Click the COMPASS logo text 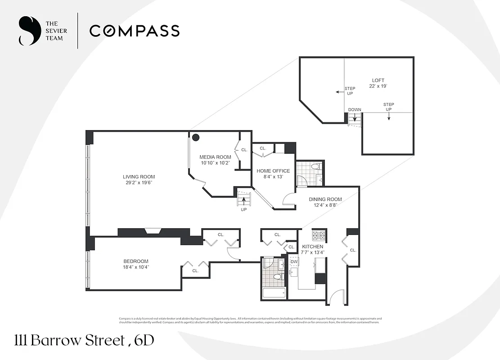pyautogui.click(x=134, y=31)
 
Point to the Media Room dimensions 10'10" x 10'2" pyautogui.click(x=215, y=163)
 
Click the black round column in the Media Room pyautogui.click(x=196, y=138)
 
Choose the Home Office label pyautogui.click(x=273, y=171)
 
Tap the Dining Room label pyautogui.click(x=325, y=199)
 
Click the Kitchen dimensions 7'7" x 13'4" pyautogui.click(x=312, y=252)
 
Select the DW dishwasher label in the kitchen pyautogui.click(x=294, y=261)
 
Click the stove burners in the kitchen pyautogui.click(x=319, y=235)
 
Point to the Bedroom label pyautogui.click(x=136, y=261)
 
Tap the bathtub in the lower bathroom pyautogui.click(x=274, y=294)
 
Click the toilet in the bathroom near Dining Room pyautogui.click(x=315, y=167)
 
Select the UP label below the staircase pyautogui.click(x=244, y=210)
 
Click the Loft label pyautogui.click(x=378, y=81)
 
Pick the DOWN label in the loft pyautogui.click(x=354, y=110)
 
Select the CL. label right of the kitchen pyautogui.click(x=353, y=250)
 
